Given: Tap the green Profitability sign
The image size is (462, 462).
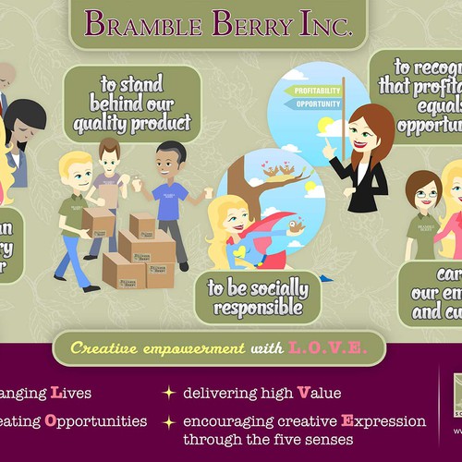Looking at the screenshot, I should tap(314, 91).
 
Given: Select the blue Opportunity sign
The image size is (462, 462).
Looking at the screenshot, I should tap(316, 103).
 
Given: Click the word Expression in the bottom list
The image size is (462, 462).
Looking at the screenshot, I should tap(383, 420).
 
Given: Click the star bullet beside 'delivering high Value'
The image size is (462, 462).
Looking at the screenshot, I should tap(168, 393).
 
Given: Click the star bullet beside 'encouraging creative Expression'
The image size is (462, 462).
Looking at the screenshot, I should tap(168, 421).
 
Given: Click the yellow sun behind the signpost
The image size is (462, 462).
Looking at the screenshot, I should tap(326, 125).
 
